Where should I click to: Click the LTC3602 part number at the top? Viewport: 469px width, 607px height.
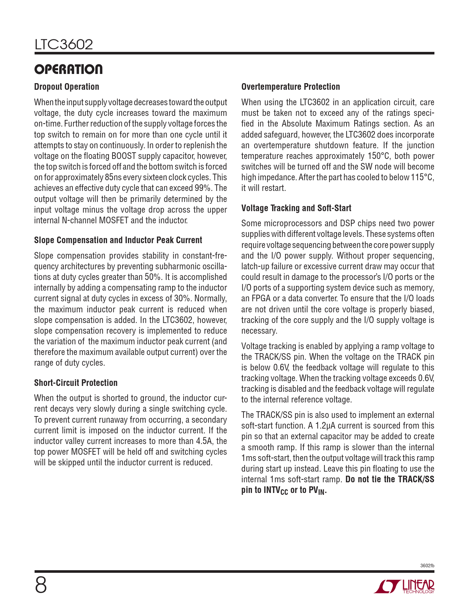64,45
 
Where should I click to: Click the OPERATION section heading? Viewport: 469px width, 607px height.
68,69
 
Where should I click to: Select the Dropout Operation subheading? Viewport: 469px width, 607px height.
67,87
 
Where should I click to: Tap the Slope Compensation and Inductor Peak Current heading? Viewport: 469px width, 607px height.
118,240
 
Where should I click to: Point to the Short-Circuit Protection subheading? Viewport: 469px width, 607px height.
76,383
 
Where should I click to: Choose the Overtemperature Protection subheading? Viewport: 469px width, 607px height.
291,87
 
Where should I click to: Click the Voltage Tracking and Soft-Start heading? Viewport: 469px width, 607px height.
296,208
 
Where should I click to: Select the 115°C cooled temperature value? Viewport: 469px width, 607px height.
422,177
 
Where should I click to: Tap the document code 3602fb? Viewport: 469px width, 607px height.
427,565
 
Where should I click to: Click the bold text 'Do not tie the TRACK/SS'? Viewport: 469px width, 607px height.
390,479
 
